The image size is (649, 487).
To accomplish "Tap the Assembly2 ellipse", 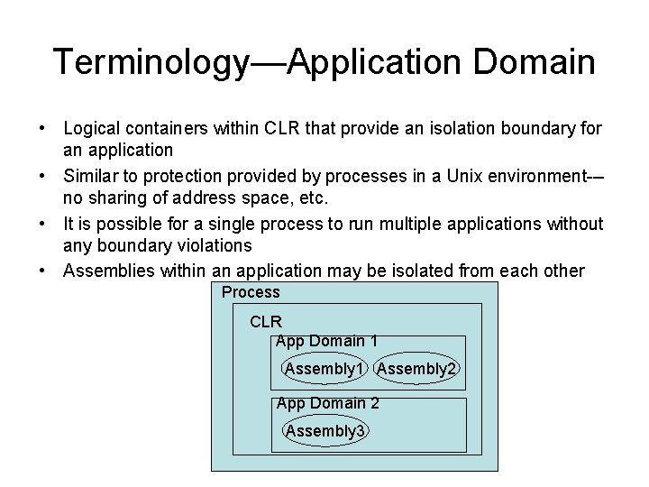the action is click(416, 368).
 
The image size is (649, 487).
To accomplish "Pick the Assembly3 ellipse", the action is click(325, 430).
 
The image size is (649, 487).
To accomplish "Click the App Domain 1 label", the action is click(326, 341).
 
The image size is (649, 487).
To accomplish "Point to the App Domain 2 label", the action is click(327, 403).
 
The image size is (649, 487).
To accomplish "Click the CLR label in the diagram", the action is click(266, 321).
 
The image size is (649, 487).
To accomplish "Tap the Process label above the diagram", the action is click(251, 292).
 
